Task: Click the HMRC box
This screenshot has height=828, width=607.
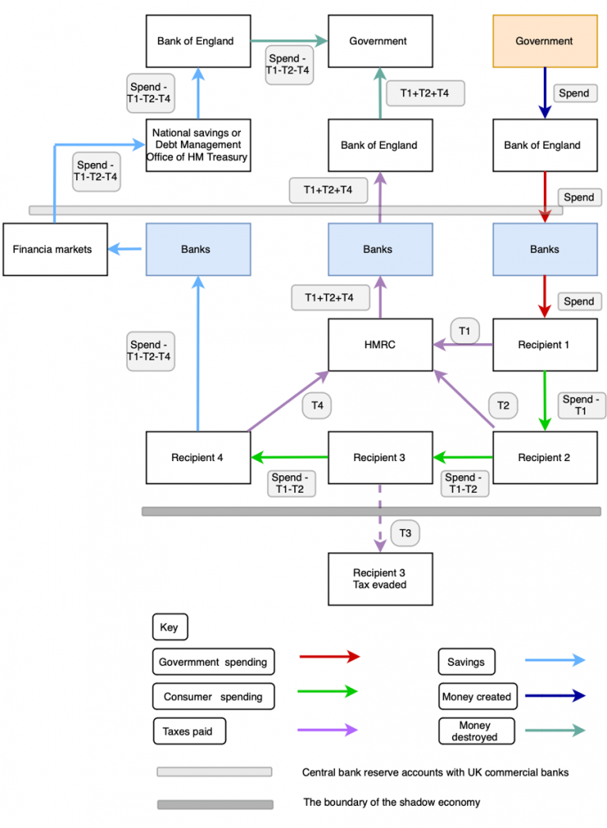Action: [x=380, y=345]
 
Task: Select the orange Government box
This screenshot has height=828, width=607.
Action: [x=545, y=41]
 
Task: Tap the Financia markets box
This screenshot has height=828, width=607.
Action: [x=54, y=249]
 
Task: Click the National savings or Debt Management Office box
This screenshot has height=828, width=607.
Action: [x=198, y=145]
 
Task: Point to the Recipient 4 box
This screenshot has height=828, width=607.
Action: [x=198, y=457]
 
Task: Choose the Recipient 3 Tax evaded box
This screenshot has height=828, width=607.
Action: [x=380, y=579]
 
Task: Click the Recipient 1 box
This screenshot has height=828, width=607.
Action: [x=545, y=345]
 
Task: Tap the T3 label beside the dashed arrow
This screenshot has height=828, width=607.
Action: [x=405, y=534]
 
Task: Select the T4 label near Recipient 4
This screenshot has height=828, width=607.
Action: [x=317, y=405]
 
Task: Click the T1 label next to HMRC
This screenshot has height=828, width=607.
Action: [x=465, y=331]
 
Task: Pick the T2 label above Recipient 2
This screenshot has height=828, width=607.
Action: [x=503, y=405]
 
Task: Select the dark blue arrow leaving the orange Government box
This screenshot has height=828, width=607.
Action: [x=545, y=93]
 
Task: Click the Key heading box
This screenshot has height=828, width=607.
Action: [x=169, y=628]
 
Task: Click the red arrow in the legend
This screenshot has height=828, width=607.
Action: [x=329, y=656]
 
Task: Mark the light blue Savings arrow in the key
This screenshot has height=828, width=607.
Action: [x=555, y=660]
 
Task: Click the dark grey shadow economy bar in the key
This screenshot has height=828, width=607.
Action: [x=215, y=804]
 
